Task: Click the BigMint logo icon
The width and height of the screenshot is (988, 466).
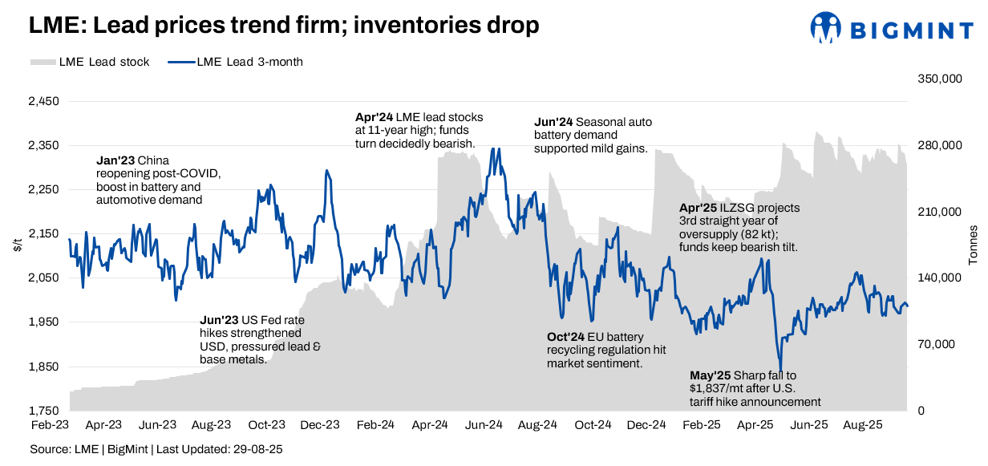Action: click(826, 27)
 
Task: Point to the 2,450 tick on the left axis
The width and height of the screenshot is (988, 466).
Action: click(44, 102)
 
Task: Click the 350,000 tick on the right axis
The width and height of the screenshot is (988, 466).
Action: click(938, 79)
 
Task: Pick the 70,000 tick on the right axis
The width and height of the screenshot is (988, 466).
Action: click(935, 344)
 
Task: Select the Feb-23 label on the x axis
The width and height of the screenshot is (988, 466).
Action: click(49, 424)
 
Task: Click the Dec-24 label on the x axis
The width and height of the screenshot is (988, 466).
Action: click(646, 424)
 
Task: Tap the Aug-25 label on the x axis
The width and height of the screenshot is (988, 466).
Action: click(864, 424)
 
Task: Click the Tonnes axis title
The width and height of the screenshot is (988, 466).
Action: click(974, 245)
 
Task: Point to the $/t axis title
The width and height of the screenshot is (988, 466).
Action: click(18, 245)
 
